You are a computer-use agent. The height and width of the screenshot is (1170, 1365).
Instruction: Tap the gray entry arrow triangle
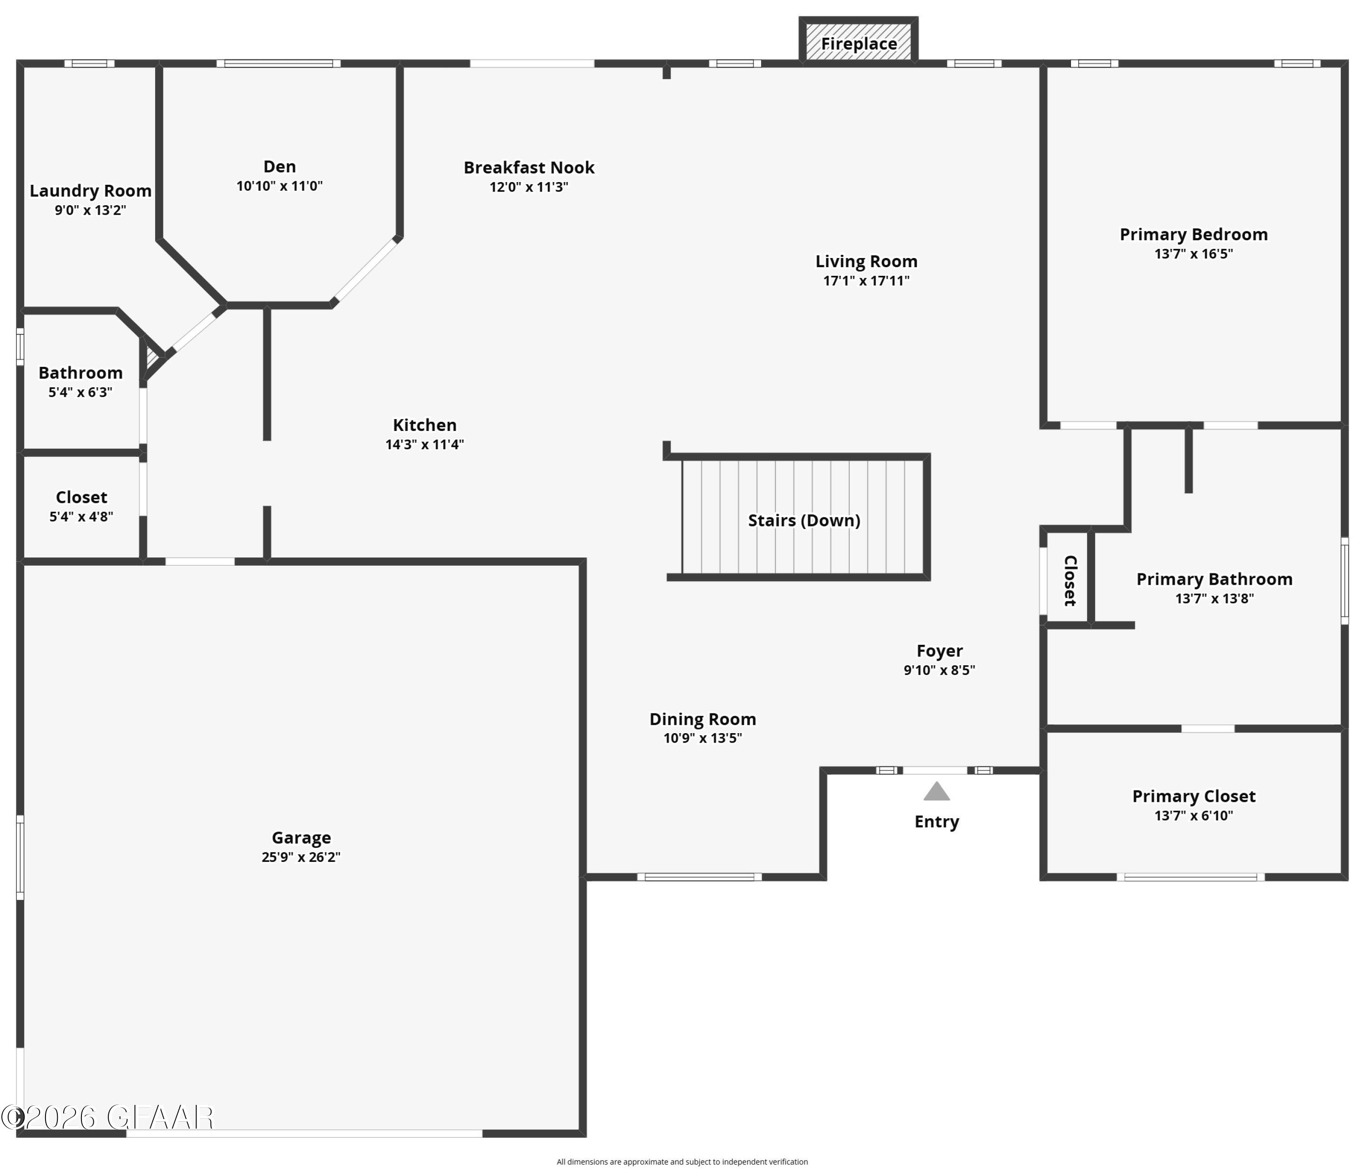(936, 791)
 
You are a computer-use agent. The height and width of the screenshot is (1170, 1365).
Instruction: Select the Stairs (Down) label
(804, 521)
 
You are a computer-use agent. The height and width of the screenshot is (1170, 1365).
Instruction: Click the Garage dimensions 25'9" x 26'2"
(301, 857)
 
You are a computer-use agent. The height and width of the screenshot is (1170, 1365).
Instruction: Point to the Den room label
(279, 166)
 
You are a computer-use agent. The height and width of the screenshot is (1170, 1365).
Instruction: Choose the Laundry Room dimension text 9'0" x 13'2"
(90, 210)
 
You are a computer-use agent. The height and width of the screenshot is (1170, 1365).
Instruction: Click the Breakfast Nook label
(529, 167)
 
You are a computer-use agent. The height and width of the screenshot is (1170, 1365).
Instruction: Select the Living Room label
(866, 262)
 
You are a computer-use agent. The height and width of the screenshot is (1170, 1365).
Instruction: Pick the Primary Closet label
(1194, 796)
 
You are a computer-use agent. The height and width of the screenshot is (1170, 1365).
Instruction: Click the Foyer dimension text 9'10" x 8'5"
(940, 670)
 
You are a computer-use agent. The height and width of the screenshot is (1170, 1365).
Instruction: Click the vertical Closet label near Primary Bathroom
(1070, 580)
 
